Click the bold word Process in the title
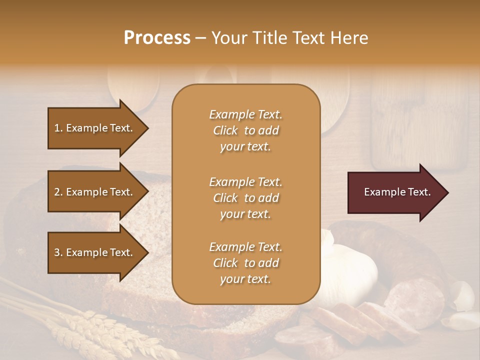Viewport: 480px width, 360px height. tap(157, 38)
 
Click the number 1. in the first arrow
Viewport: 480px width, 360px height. tap(58, 128)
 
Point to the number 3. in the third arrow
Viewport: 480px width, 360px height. tap(58, 252)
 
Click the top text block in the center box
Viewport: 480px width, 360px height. tap(245, 130)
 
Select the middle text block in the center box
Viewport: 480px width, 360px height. tap(245, 198)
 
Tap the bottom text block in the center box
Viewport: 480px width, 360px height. tap(245, 263)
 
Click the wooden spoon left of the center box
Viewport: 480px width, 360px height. tap(134, 87)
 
